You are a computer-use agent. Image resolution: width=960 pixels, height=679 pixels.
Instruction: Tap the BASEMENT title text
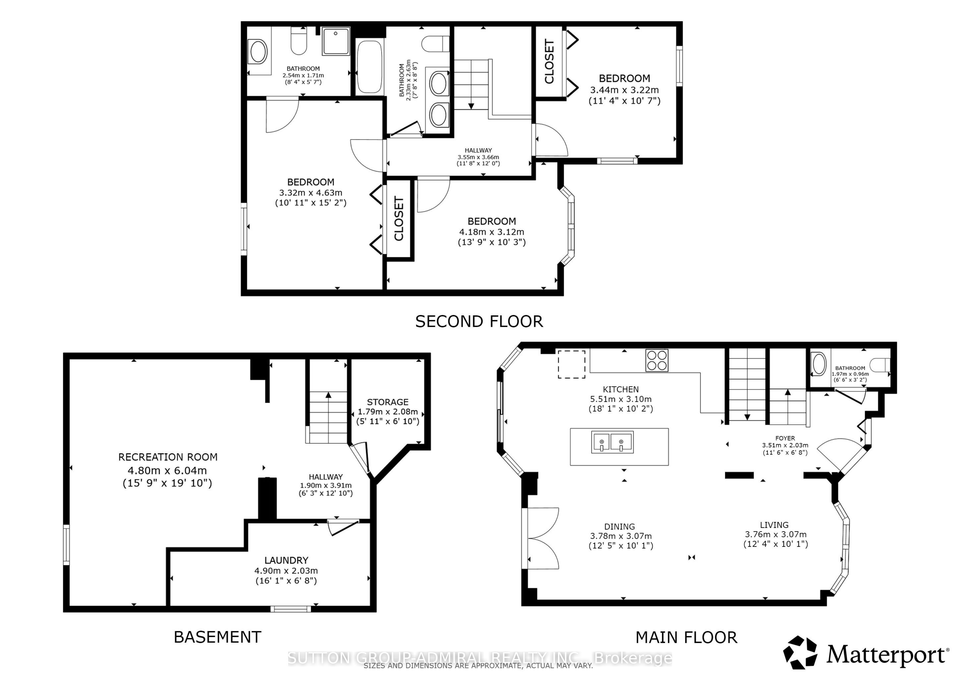point(217,637)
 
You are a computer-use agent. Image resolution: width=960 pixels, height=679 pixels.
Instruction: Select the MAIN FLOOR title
point(686,637)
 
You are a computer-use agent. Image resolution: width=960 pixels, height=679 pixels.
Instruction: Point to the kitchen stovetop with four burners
point(657,360)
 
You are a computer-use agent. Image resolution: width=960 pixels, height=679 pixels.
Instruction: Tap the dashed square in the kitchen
point(572,364)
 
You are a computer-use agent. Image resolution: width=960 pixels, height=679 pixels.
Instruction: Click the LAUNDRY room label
point(286,560)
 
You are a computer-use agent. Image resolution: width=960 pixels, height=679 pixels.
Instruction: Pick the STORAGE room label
point(388,402)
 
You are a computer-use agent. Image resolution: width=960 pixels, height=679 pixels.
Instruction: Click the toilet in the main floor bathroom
point(879,365)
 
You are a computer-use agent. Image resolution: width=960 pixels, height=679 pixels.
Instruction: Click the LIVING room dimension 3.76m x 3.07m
point(776,534)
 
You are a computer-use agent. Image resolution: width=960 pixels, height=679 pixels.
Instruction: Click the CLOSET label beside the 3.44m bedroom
point(549,61)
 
